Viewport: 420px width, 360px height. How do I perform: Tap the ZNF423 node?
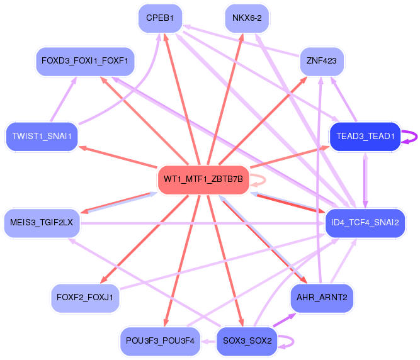(321, 61)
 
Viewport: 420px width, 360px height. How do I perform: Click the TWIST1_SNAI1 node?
(42, 136)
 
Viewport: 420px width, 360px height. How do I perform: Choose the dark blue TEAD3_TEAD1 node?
(365, 136)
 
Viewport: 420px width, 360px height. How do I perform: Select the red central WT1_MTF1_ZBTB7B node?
(203, 179)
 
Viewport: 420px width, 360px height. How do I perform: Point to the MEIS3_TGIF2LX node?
(42, 222)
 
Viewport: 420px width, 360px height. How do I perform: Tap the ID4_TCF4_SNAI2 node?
(365, 222)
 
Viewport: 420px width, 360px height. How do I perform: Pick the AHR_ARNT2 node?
(322, 297)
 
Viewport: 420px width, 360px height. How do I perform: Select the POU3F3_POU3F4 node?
(160, 340)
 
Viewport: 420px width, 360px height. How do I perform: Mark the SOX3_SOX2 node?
(247, 340)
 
